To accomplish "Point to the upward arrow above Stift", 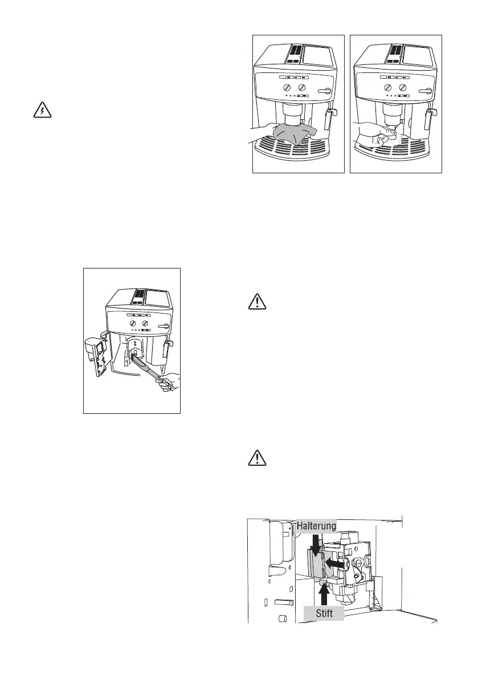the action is click(x=324, y=593).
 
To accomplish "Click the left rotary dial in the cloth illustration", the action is click(x=287, y=87).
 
